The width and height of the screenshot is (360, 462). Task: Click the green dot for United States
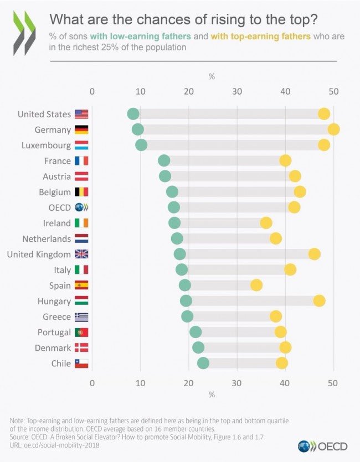(x=133, y=114)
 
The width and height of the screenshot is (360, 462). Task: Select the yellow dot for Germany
(x=333, y=129)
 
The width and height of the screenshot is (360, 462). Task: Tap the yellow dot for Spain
(x=256, y=285)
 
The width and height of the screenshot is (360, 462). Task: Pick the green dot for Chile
(x=203, y=364)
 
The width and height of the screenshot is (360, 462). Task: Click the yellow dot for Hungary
(x=319, y=301)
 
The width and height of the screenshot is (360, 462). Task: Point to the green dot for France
(x=164, y=161)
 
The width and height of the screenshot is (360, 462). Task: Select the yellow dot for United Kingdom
(x=314, y=254)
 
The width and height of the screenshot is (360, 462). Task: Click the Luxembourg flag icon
(x=81, y=146)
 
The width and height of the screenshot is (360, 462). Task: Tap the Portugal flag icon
(x=81, y=333)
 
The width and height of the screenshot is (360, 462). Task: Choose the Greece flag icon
(x=81, y=317)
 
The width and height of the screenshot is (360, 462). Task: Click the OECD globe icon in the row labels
(x=81, y=207)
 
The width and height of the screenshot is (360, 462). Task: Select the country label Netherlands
(x=47, y=239)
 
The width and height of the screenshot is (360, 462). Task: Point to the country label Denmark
(x=54, y=348)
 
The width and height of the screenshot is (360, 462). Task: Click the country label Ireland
(x=57, y=224)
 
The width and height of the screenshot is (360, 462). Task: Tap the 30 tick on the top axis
(x=236, y=91)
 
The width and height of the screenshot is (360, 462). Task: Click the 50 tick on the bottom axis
(x=333, y=383)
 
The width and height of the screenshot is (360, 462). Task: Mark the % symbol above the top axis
(x=212, y=77)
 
